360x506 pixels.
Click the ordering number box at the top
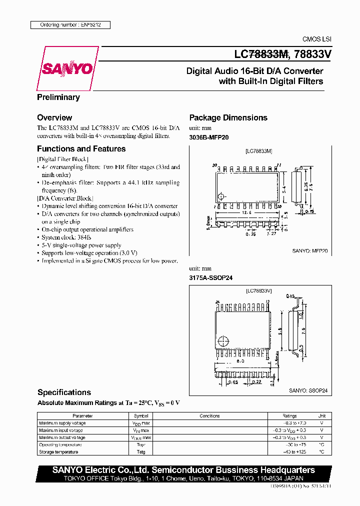[x=69, y=24]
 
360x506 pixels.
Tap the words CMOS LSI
[x=317, y=39]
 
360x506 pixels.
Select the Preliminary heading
[x=58, y=97]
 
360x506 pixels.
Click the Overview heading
[x=54, y=118]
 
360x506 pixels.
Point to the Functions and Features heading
[x=81, y=149]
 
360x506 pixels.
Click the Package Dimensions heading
[x=228, y=118]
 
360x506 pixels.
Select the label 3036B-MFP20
[x=209, y=137]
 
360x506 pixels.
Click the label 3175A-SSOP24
[x=211, y=277]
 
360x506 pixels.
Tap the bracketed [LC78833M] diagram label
[x=258, y=150]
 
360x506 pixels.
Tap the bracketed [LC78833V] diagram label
[x=258, y=290]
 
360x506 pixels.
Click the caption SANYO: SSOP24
[x=309, y=391]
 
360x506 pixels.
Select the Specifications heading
[x=64, y=392]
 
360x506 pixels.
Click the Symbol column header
[x=140, y=416]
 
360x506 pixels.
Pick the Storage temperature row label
[x=58, y=452]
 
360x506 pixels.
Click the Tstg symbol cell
[x=140, y=452]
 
